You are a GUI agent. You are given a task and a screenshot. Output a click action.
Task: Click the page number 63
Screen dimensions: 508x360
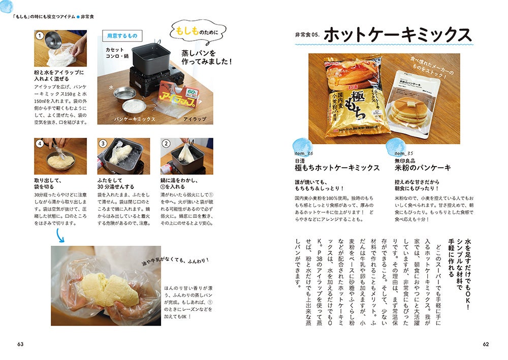click(x=20, y=344)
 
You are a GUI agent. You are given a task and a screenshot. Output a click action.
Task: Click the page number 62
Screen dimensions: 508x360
click(x=486, y=344)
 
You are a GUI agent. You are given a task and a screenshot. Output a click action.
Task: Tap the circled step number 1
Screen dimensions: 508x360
click(x=40, y=36)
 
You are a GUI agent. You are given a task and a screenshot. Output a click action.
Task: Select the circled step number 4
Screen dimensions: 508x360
click(x=40, y=143)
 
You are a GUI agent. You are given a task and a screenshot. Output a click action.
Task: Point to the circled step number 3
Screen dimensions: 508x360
click(x=103, y=143)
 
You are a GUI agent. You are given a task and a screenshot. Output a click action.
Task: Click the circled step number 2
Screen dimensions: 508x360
click(x=166, y=143)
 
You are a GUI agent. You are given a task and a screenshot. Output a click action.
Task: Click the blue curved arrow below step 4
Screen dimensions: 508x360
click(x=60, y=236)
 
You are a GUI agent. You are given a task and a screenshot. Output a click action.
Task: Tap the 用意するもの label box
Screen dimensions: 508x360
click(x=122, y=36)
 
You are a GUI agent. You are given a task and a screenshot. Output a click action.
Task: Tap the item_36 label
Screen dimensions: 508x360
click(x=304, y=153)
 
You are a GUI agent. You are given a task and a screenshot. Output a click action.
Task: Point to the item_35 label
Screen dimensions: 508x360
click(x=403, y=153)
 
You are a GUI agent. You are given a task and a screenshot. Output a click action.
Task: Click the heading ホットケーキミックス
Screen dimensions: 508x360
click(x=398, y=35)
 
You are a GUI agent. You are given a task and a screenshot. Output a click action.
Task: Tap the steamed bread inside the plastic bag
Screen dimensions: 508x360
click(x=110, y=289)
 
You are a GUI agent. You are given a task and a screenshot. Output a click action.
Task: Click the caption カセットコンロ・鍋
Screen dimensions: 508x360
click(x=117, y=53)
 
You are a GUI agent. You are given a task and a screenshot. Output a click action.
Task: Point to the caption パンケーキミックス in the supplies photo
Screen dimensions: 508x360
click(x=135, y=119)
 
